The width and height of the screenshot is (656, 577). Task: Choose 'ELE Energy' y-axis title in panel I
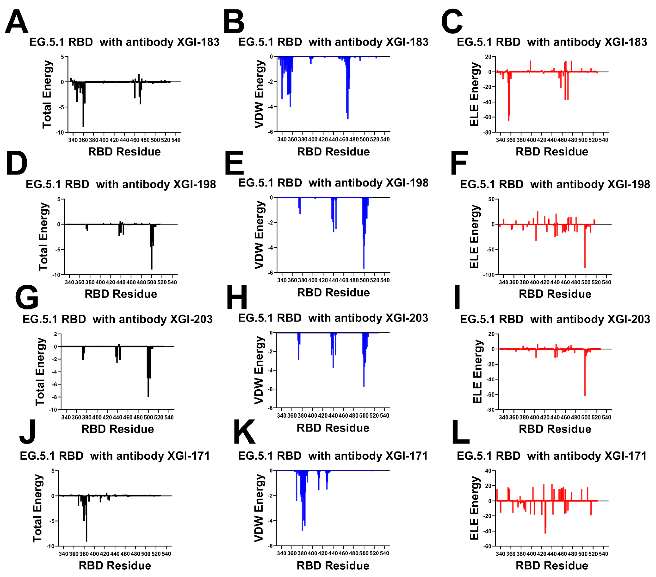click(x=477, y=371)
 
